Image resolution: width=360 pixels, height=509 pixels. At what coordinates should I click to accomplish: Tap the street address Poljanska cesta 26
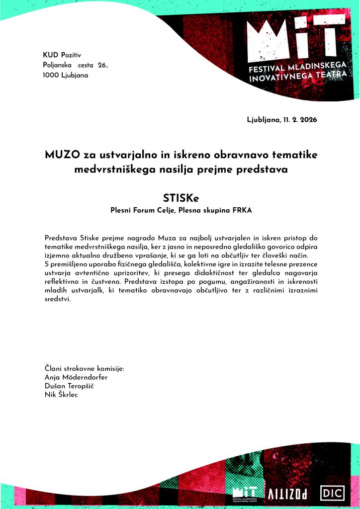tap(75, 65)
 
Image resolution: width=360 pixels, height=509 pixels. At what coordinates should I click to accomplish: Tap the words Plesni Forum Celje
tap(142, 211)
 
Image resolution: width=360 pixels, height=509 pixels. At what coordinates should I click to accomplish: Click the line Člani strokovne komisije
tap(85, 369)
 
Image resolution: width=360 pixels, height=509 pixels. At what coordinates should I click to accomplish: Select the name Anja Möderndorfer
tap(76, 377)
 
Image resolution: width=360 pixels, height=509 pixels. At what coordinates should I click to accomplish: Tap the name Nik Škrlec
tap(62, 395)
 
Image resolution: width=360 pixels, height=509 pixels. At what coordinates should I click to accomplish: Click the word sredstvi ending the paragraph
tap(58, 300)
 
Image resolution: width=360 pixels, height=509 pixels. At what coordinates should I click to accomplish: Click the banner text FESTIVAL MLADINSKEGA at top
tap(302, 66)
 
